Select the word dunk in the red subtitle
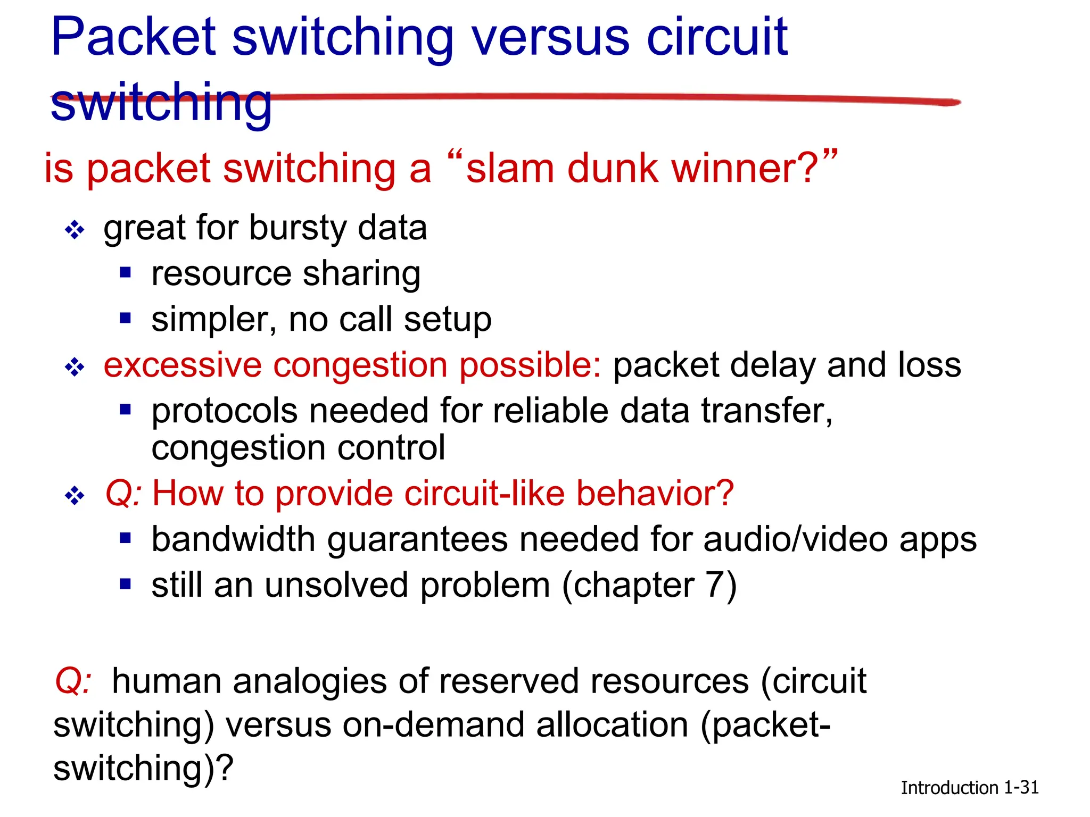pos(612,168)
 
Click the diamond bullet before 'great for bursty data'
pos(75,230)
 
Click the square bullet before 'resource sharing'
pos(126,273)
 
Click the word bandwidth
pos(234,540)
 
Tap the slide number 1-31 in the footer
pos(1021,787)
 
